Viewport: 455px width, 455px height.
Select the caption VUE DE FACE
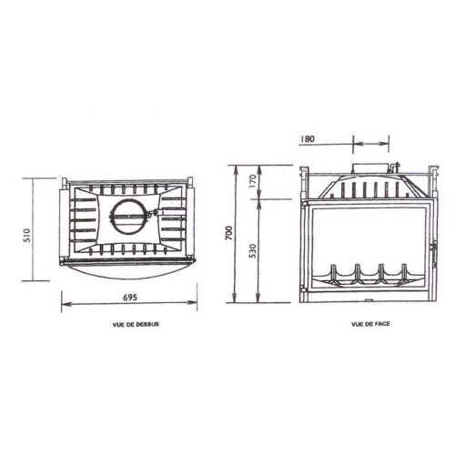pyautogui.click(x=367, y=324)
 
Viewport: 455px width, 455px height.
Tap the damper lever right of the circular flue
pyautogui.click(x=157, y=215)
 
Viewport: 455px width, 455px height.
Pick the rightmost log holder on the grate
pyautogui.click(x=399, y=272)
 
